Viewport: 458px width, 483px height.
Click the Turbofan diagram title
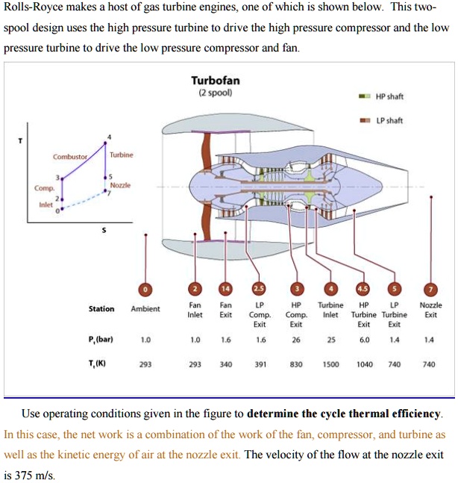click(215, 81)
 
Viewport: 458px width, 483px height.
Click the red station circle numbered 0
click(145, 290)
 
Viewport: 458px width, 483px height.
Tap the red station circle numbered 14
click(225, 290)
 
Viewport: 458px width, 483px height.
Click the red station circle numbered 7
click(430, 290)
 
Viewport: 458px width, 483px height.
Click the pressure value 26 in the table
click(296, 340)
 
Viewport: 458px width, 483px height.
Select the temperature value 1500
click(330, 365)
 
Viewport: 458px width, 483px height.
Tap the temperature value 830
click(296, 365)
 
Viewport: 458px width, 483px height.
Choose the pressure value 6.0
click(364, 340)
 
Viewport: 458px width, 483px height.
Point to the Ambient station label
click(145, 309)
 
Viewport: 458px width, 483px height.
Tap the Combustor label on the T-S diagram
click(70, 156)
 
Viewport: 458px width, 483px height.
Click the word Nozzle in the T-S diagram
click(120, 184)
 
